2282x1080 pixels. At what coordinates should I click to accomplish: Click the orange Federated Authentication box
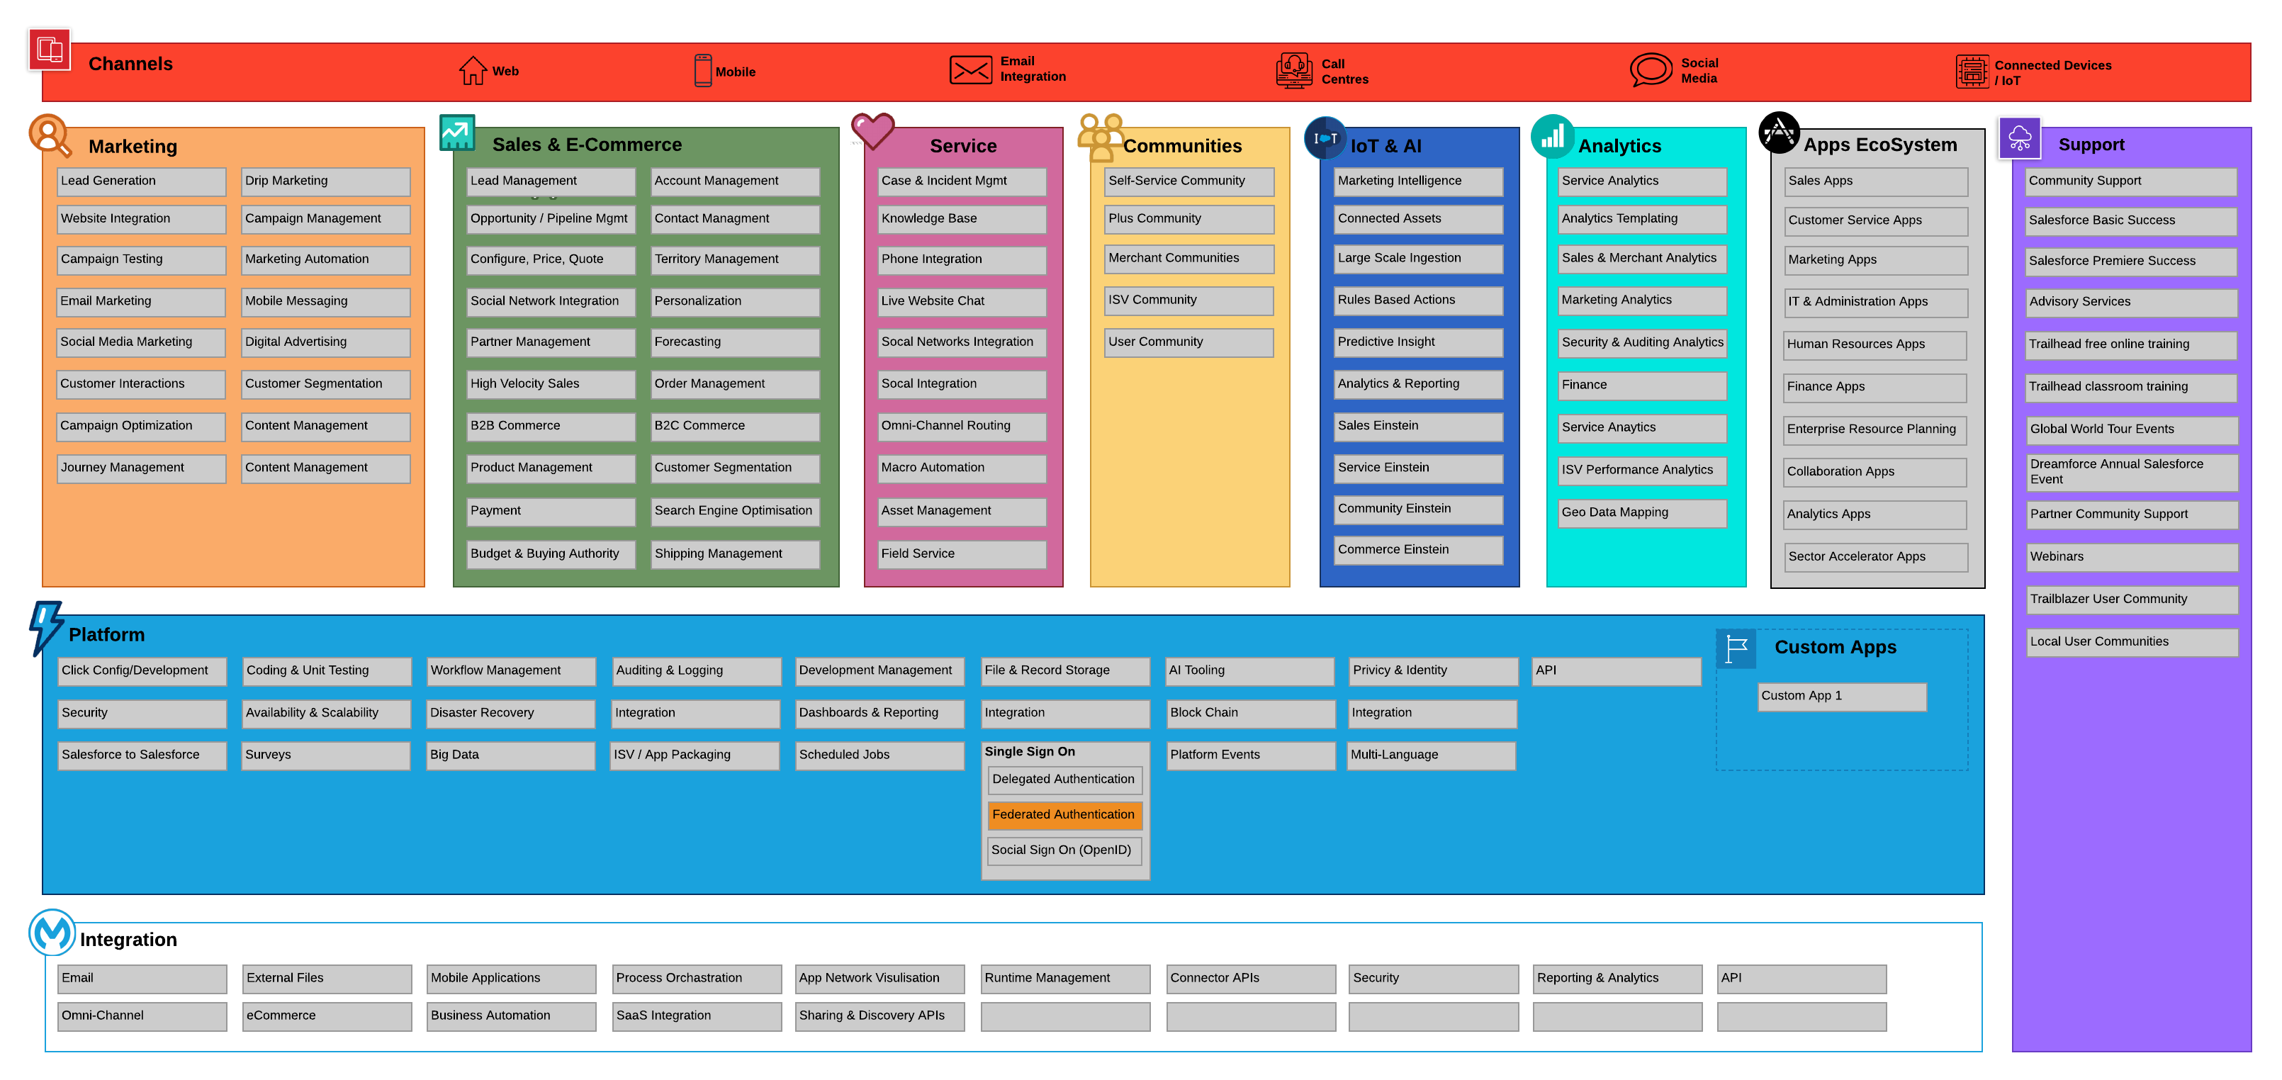pyautogui.click(x=1064, y=814)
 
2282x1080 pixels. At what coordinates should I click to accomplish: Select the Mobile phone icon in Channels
pyautogui.click(x=702, y=71)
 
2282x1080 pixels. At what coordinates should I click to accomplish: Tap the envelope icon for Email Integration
pyautogui.click(x=970, y=70)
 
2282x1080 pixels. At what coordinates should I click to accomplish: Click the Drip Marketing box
pyautogui.click(x=325, y=181)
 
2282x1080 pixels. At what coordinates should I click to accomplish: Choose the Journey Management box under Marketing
pyautogui.click(x=141, y=468)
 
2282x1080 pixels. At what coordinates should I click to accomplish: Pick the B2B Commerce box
pyautogui.click(x=550, y=426)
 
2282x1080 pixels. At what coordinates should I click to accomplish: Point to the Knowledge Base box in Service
pyautogui.click(x=961, y=219)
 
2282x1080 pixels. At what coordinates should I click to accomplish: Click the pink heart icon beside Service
pyautogui.click(x=872, y=131)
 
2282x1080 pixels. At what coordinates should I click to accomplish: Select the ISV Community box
pyautogui.click(x=1188, y=300)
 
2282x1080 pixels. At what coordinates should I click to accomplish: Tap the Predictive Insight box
pyautogui.click(x=1417, y=342)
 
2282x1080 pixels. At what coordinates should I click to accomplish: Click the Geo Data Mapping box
pyautogui.click(x=1641, y=513)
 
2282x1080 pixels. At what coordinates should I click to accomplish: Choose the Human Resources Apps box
pyautogui.click(x=1874, y=344)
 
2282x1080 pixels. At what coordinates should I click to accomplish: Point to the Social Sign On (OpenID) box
pyautogui.click(x=1064, y=850)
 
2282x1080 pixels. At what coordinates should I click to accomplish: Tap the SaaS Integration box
pyautogui.click(x=695, y=1016)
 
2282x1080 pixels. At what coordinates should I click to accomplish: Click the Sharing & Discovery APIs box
pyautogui.click(x=879, y=1016)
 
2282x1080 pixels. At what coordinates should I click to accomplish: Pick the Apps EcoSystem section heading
pyautogui.click(x=1879, y=145)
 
